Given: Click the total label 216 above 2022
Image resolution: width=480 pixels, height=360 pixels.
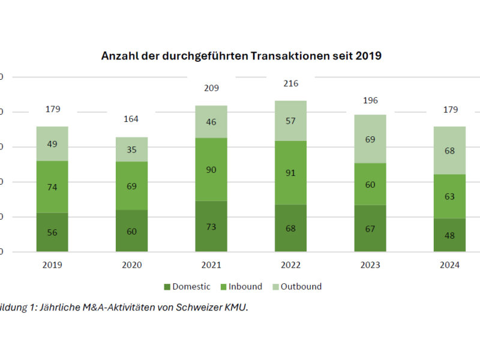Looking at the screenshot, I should click(290, 83).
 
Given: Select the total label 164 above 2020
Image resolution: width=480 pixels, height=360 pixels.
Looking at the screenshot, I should click(131, 119).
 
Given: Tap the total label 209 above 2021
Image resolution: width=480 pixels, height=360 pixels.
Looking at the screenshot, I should click(211, 88).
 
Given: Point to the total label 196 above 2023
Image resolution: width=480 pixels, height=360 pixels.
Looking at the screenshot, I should click(370, 100).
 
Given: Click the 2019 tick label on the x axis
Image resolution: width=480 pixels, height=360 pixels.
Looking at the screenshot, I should click(52, 265).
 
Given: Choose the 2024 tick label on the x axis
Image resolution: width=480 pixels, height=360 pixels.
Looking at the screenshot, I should click(450, 265).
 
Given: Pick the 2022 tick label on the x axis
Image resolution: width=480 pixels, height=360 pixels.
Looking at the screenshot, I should click(290, 265).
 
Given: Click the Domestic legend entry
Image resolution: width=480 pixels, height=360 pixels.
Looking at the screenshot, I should click(187, 287).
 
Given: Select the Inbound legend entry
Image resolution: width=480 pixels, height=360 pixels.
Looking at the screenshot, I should click(241, 287).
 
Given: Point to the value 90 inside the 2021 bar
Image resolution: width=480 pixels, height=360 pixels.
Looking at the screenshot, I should click(211, 170).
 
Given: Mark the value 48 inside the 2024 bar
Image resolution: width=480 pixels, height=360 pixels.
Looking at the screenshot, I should click(450, 236).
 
